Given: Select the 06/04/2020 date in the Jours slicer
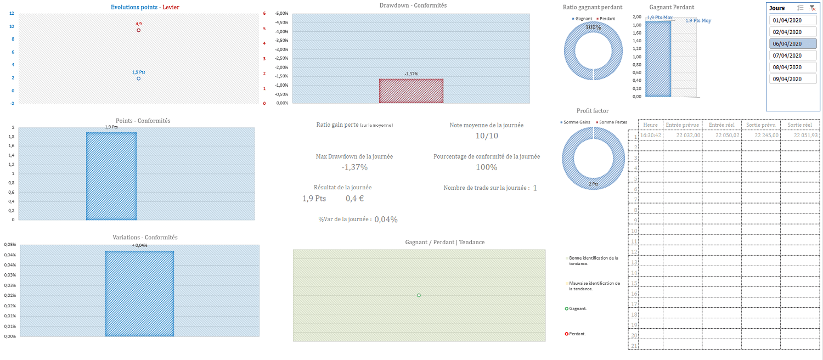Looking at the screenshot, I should pyautogui.click(x=793, y=44).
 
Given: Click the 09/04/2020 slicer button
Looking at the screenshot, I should pyautogui.click(x=793, y=79).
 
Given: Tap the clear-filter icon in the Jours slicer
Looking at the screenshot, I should pyautogui.click(x=812, y=8).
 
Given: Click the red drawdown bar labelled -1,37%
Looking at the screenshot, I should pyautogui.click(x=411, y=91).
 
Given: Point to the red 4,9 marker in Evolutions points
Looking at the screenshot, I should pyautogui.click(x=138, y=30).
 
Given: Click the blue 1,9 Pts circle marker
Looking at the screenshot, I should pyautogui.click(x=138, y=78).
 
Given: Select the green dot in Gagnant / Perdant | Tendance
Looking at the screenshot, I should pyautogui.click(x=419, y=295).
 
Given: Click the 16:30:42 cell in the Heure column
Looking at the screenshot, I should pyautogui.click(x=651, y=136).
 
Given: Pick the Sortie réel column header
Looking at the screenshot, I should pyautogui.click(x=799, y=125).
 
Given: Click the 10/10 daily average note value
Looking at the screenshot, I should pyautogui.click(x=487, y=136).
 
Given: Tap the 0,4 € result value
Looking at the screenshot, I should pyautogui.click(x=354, y=198).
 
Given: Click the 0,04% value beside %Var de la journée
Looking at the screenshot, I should pyautogui.click(x=386, y=220).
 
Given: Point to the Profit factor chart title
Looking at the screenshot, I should pyautogui.click(x=593, y=111).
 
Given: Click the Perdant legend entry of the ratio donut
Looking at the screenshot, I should pyautogui.click(x=607, y=19).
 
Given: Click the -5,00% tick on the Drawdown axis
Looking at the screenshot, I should pyautogui.click(x=281, y=13).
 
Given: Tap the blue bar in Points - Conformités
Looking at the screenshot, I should pyautogui.click(x=111, y=176).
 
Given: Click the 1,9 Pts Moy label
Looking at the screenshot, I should pyautogui.click(x=698, y=21).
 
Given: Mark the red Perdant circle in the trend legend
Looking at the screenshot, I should pyautogui.click(x=567, y=334).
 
